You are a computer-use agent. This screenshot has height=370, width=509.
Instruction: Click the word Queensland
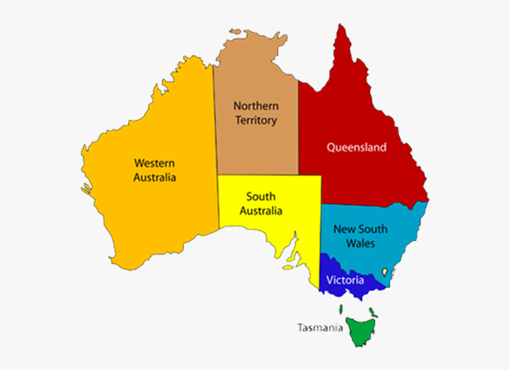pyautogui.click(x=356, y=147)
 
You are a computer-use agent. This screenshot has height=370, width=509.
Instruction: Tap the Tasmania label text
pyautogui.click(x=320, y=327)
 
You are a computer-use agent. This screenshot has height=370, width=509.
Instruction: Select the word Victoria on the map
pyautogui.click(x=345, y=280)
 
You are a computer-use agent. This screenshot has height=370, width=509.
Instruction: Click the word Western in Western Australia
pyautogui.click(x=154, y=163)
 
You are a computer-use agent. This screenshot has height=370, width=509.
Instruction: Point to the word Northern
pyautogui.click(x=256, y=106)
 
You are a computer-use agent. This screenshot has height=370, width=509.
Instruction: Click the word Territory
pyautogui.click(x=256, y=120)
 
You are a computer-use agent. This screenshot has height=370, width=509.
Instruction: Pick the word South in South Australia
pyautogui.click(x=261, y=197)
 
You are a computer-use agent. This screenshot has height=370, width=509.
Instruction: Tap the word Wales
pyautogui.click(x=360, y=244)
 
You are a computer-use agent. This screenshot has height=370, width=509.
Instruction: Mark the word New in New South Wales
pyautogui.click(x=343, y=229)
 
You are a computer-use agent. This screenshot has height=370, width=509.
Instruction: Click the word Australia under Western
pyautogui.click(x=154, y=177)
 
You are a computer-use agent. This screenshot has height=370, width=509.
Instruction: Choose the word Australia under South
pyautogui.click(x=261, y=211)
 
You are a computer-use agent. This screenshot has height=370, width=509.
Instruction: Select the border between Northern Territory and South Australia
pyautogui.click(x=258, y=175)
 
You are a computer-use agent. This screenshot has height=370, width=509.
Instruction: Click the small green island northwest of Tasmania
pyautogui.click(x=341, y=309)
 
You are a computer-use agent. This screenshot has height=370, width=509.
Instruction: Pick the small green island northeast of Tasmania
pyautogui.click(x=373, y=311)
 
